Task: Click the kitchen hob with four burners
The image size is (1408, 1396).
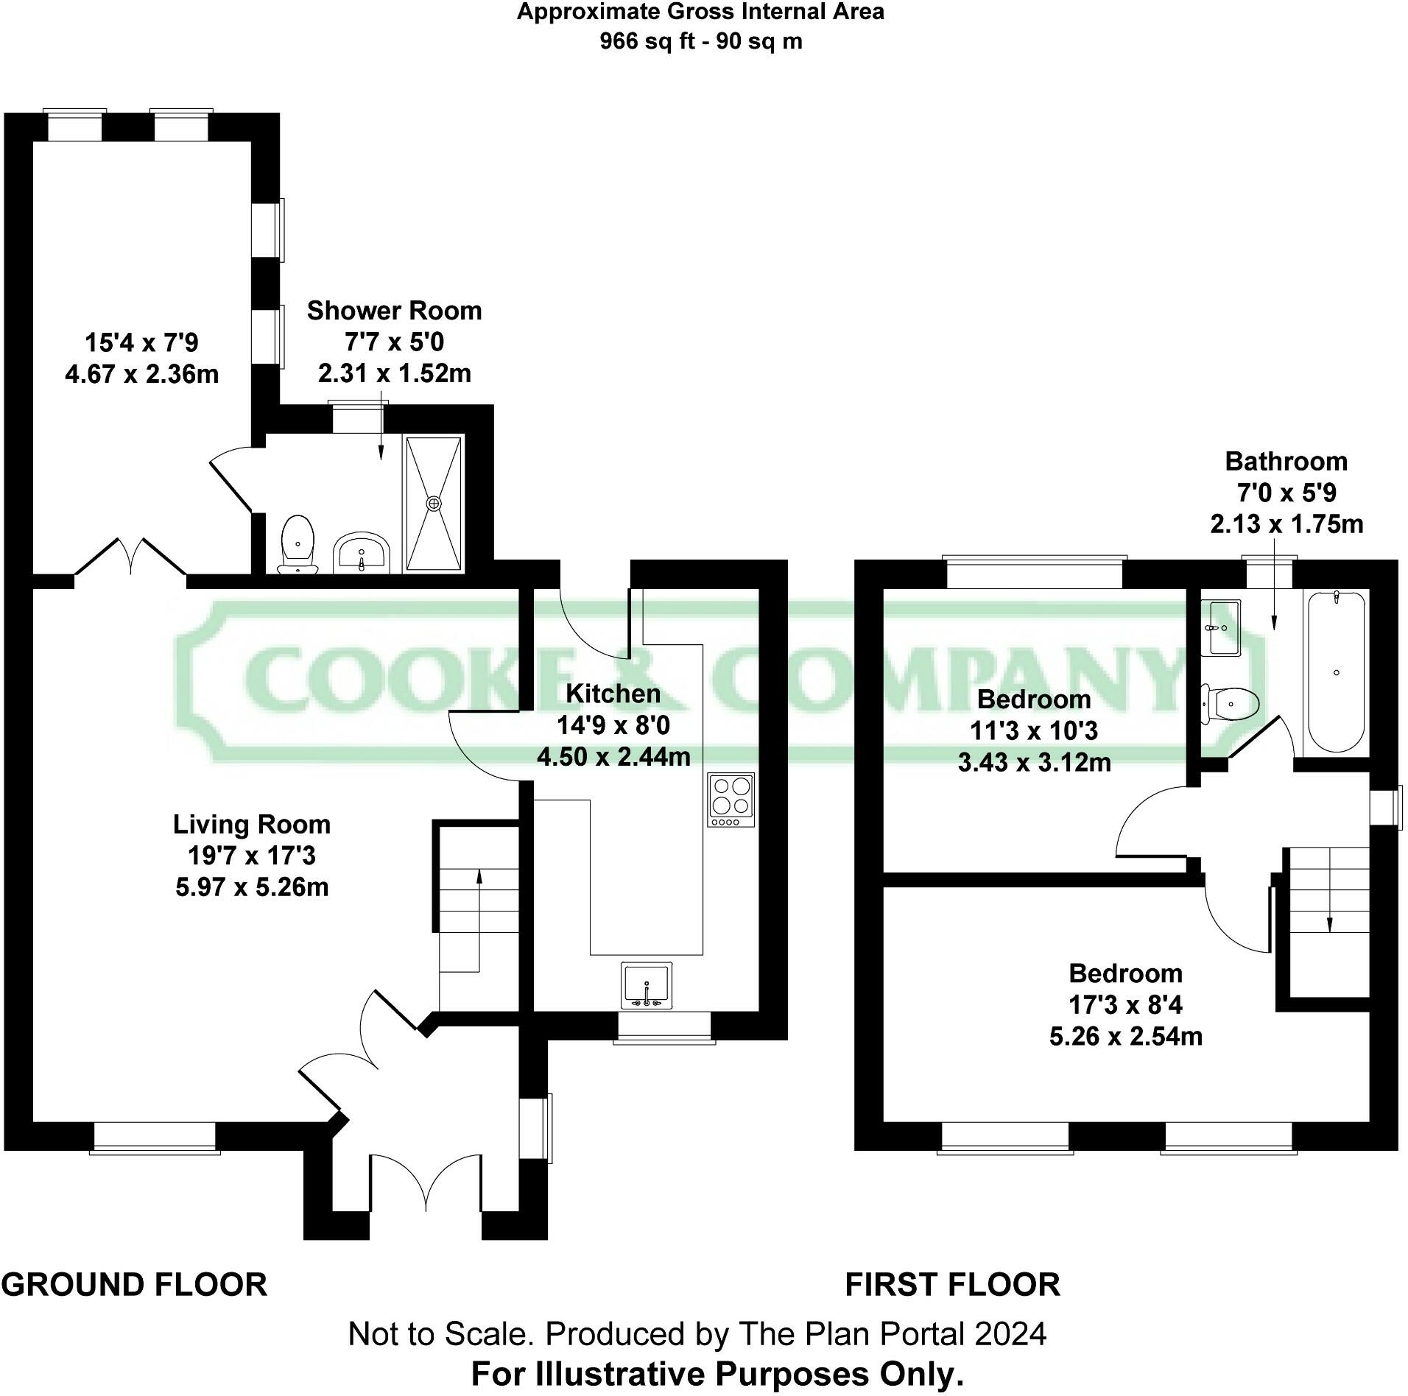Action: tap(731, 800)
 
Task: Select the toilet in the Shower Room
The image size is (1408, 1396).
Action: tap(298, 543)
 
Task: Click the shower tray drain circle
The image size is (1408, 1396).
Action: tap(434, 503)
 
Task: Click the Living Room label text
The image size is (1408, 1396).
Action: tap(252, 824)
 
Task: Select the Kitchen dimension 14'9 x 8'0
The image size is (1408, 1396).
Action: tap(613, 725)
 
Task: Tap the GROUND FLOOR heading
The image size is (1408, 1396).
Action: tap(134, 1285)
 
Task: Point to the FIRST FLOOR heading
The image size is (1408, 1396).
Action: tap(952, 1285)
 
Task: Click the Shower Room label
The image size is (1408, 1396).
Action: tap(394, 311)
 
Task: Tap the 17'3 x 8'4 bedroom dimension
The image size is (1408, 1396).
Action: tap(1125, 1004)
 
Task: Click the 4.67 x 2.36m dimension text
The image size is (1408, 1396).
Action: tap(141, 374)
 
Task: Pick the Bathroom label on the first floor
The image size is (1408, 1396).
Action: tap(1286, 461)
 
